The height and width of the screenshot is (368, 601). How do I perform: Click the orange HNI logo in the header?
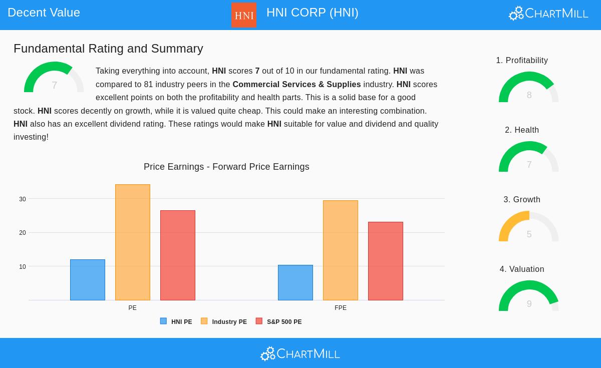click(244, 15)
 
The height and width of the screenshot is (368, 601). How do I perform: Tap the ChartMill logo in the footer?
click(300, 353)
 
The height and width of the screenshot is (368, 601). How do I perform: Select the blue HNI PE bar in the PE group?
click(88, 280)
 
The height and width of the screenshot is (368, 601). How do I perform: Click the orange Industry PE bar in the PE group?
click(133, 242)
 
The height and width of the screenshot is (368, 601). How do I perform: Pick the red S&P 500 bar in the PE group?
click(178, 255)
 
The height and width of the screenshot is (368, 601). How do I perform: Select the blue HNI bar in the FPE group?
click(295, 282)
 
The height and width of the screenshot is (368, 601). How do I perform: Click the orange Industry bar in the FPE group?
click(341, 250)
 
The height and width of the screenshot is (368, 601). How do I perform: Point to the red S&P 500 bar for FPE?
click(386, 261)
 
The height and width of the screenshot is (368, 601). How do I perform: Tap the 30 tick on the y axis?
click(23, 199)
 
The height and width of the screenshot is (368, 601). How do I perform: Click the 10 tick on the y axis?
click(23, 267)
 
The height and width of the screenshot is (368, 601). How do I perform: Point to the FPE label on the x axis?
click(341, 308)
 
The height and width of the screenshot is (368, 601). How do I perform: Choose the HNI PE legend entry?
click(176, 321)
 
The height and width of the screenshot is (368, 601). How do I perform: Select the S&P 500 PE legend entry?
click(279, 321)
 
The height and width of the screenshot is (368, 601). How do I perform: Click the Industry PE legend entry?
click(224, 321)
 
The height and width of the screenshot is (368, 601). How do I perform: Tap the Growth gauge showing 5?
click(529, 228)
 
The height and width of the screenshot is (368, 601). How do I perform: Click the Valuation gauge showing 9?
click(529, 297)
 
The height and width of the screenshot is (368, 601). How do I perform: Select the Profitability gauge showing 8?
click(529, 89)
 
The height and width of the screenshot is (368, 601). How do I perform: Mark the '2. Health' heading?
click(522, 130)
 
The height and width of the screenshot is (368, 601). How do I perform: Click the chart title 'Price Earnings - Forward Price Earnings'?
click(226, 167)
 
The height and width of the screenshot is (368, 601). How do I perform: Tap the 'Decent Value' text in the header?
click(44, 13)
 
